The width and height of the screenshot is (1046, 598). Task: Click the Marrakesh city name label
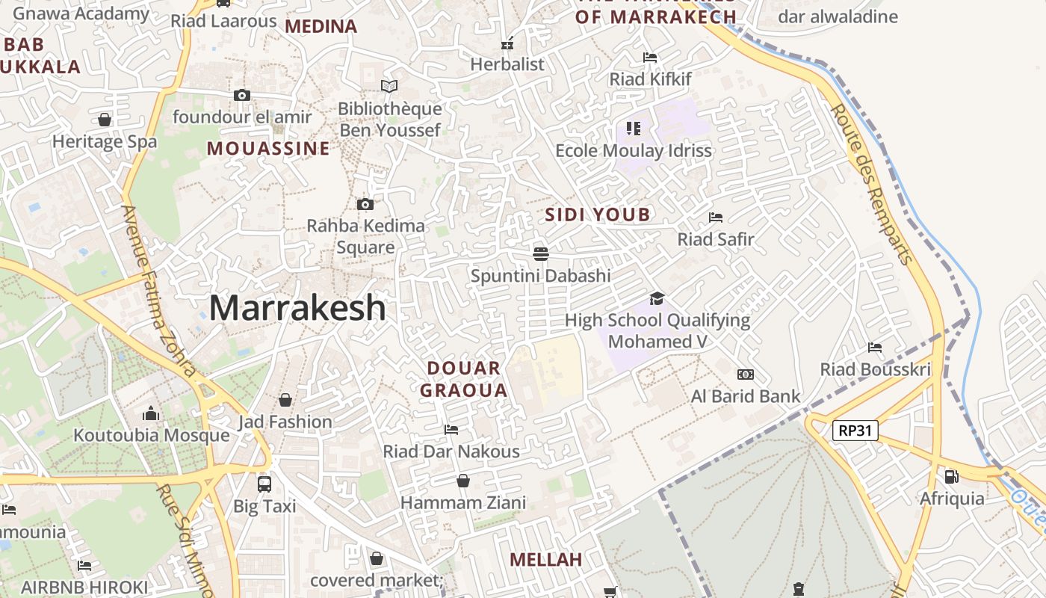click(x=297, y=308)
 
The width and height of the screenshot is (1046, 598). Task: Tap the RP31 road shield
click(x=855, y=431)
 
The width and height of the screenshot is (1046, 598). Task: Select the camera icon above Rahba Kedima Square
click(x=365, y=204)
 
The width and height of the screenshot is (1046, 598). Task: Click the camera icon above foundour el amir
click(x=241, y=95)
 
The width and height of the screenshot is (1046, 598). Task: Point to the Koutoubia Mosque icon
click(x=151, y=413)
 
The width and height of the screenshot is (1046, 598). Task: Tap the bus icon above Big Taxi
click(x=264, y=484)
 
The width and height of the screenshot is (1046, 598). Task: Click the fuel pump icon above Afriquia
click(x=951, y=476)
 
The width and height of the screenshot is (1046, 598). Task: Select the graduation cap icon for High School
click(x=657, y=298)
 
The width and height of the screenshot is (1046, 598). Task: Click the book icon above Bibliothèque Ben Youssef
click(x=389, y=86)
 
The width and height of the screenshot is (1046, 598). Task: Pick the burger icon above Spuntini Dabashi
click(x=541, y=253)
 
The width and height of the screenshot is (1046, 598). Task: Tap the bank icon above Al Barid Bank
click(x=745, y=374)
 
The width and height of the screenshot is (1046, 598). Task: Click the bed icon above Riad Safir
click(x=716, y=218)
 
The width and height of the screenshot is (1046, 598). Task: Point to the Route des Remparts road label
click(x=872, y=184)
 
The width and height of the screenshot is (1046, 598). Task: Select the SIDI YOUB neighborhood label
click(x=598, y=215)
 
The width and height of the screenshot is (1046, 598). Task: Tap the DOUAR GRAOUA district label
click(x=463, y=379)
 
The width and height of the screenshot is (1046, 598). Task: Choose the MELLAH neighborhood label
click(x=545, y=560)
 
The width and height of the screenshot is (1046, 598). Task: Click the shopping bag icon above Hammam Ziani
click(x=463, y=480)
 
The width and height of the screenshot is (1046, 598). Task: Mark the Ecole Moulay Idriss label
click(x=634, y=150)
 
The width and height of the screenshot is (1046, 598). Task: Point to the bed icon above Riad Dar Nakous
click(x=451, y=429)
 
